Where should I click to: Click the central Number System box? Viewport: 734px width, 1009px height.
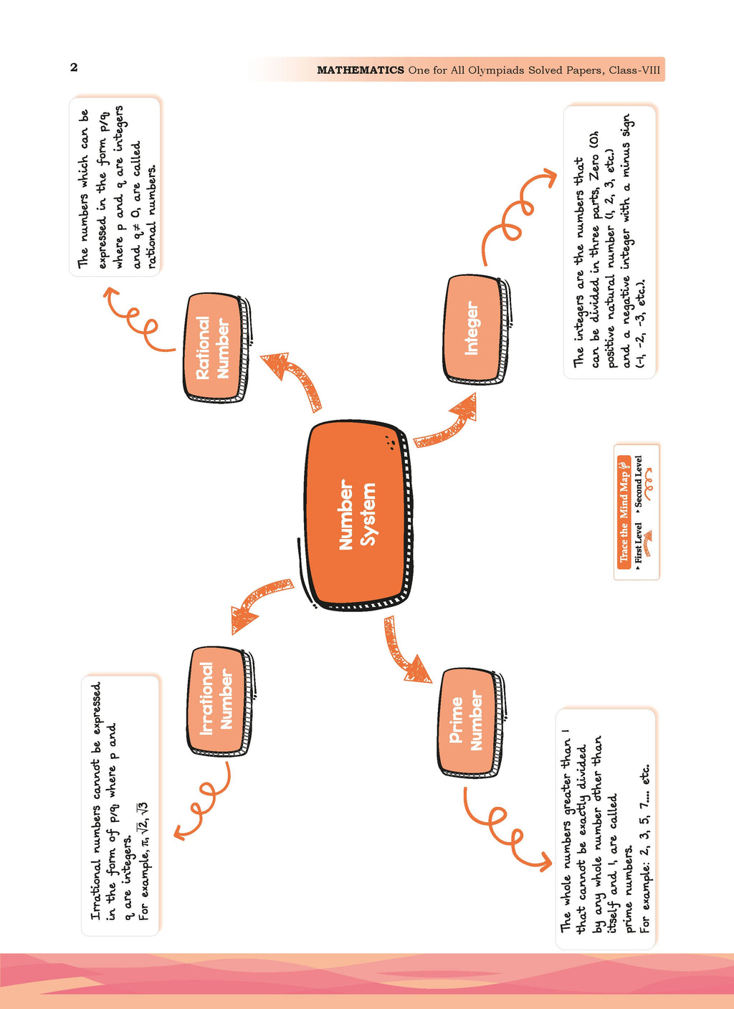[x=359, y=515]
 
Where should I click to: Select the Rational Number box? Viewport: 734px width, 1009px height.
[x=216, y=348]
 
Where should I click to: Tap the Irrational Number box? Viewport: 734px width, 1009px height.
[x=220, y=702]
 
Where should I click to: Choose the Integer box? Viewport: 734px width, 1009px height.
[x=475, y=329]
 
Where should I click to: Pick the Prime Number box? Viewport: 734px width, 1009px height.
[x=471, y=722]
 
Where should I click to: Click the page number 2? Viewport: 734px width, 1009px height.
[x=74, y=67]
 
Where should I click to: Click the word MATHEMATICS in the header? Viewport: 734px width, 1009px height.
[x=361, y=70]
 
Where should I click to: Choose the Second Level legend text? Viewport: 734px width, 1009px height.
[x=638, y=482]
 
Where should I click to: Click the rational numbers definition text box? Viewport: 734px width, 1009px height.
[x=115, y=186]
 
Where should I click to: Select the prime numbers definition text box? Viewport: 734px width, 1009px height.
[x=605, y=829]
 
